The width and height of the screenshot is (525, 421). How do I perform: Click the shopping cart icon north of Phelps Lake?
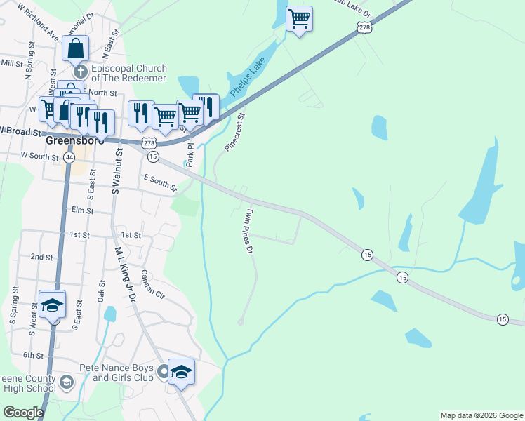click(299, 18)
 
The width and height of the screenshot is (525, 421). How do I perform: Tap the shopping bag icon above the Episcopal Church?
click(76, 48)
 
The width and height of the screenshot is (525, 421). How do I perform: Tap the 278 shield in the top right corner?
click(363, 27)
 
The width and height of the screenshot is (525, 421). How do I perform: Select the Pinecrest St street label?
click(235, 132)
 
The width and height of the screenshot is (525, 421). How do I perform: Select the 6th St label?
click(33, 356)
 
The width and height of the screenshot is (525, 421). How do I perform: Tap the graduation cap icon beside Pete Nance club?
click(181, 371)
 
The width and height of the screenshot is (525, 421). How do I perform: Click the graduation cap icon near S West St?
click(52, 305)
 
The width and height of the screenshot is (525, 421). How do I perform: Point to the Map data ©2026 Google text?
click(481, 415)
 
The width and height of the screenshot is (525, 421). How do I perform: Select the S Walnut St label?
click(117, 170)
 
